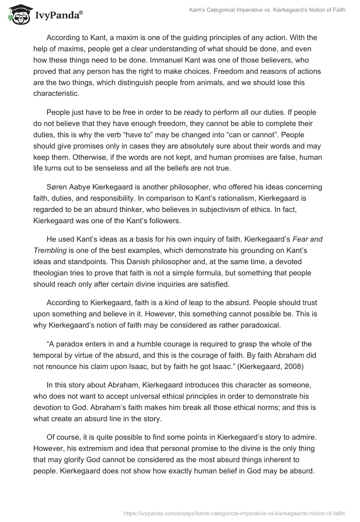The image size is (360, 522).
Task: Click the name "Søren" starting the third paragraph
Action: [x=57, y=187]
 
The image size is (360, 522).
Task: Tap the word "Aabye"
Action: [x=82, y=187]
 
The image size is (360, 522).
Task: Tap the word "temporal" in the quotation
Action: [x=48, y=355]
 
